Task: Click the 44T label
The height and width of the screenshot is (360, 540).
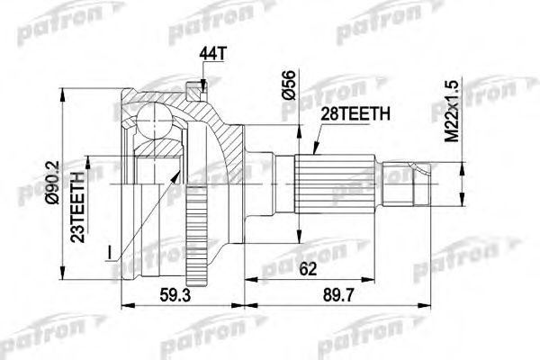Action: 210,57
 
